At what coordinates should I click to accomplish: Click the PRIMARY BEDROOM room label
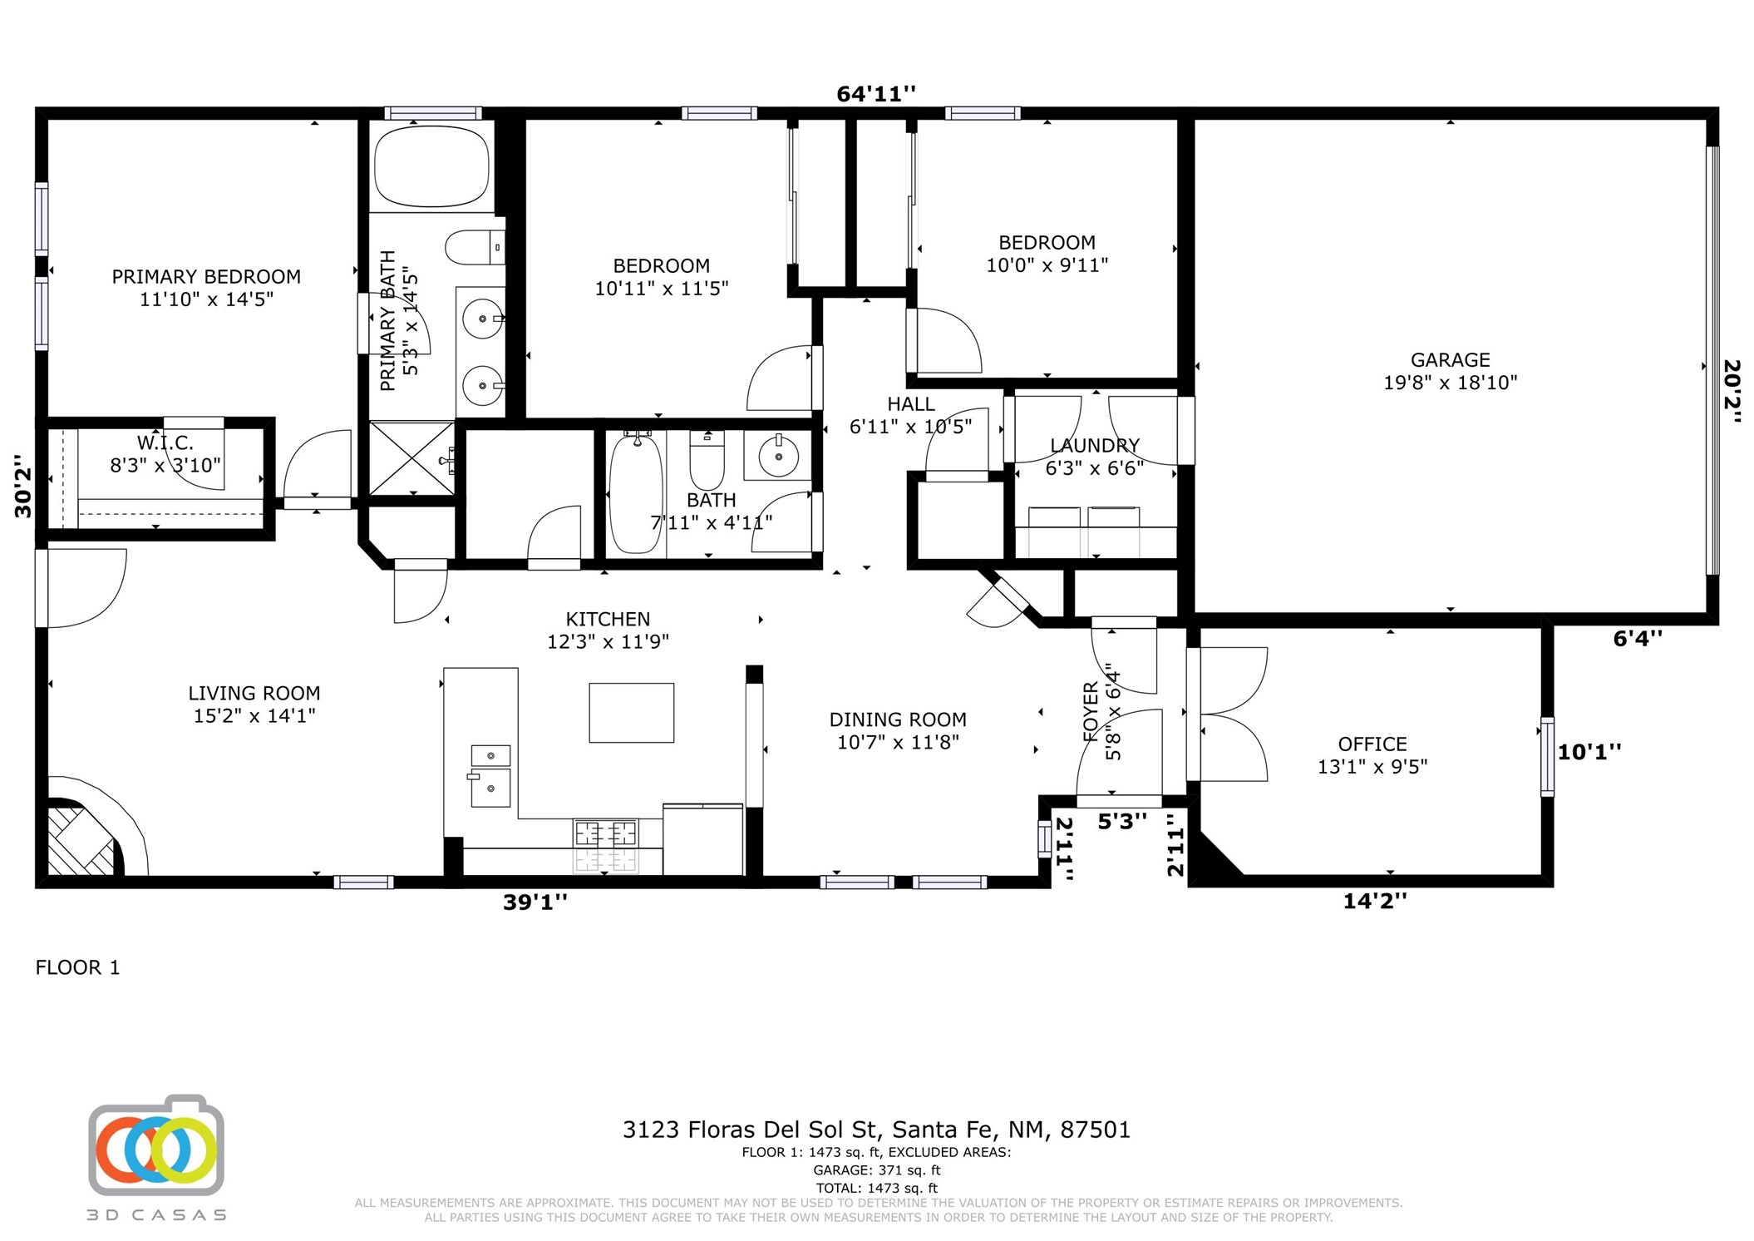206,276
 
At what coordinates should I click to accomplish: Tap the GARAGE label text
1450,360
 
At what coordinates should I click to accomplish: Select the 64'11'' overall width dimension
875,94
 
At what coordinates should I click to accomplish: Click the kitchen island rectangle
631,713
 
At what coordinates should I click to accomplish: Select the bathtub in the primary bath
431,166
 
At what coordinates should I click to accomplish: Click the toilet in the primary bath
475,247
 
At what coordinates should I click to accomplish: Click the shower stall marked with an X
411,459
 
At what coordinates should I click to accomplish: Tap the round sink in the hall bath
778,456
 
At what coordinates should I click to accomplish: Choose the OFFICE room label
1372,744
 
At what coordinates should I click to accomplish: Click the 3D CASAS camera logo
156,1145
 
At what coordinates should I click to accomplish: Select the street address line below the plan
876,1130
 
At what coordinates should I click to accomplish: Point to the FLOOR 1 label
77,967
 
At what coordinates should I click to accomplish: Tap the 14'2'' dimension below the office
1375,901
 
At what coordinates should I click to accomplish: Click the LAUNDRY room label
1094,446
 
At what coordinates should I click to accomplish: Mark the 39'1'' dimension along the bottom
535,902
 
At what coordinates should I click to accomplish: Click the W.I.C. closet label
165,443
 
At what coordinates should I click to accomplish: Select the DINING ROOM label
898,719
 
